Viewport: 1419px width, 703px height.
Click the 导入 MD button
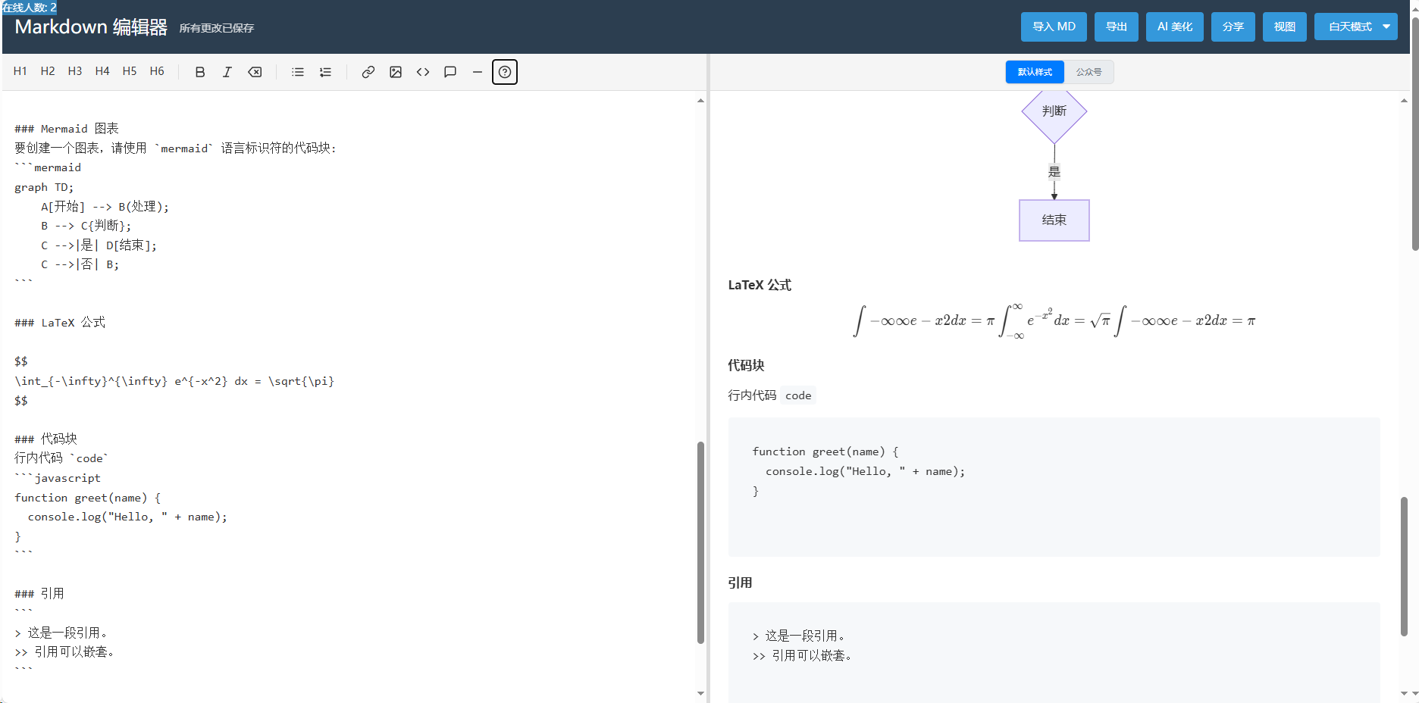click(x=1054, y=27)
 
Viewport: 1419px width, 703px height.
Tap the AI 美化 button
click(x=1175, y=27)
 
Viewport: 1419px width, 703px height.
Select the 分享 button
click(x=1233, y=27)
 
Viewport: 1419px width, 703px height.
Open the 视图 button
click(x=1285, y=27)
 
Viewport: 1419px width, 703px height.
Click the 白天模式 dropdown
click(x=1356, y=27)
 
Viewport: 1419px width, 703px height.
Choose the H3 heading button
click(x=75, y=71)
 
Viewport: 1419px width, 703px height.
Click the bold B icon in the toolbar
click(x=200, y=72)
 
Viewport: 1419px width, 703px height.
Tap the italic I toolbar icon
click(x=227, y=72)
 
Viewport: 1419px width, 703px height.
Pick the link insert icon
click(x=368, y=72)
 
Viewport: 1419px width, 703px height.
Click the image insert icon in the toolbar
click(x=396, y=72)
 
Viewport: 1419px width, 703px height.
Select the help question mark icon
click(x=505, y=72)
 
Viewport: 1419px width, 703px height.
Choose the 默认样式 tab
click(x=1035, y=72)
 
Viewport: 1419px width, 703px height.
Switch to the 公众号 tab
click(x=1089, y=72)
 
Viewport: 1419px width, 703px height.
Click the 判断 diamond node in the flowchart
click(x=1054, y=111)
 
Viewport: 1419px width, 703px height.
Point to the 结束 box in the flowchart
click(x=1054, y=220)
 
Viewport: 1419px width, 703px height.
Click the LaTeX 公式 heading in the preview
click(x=760, y=285)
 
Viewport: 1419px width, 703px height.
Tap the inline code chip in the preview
click(x=798, y=395)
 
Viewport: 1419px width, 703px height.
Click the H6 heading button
click(x=157, y=71)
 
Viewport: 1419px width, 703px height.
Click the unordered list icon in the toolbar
click(x=298, y=72)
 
